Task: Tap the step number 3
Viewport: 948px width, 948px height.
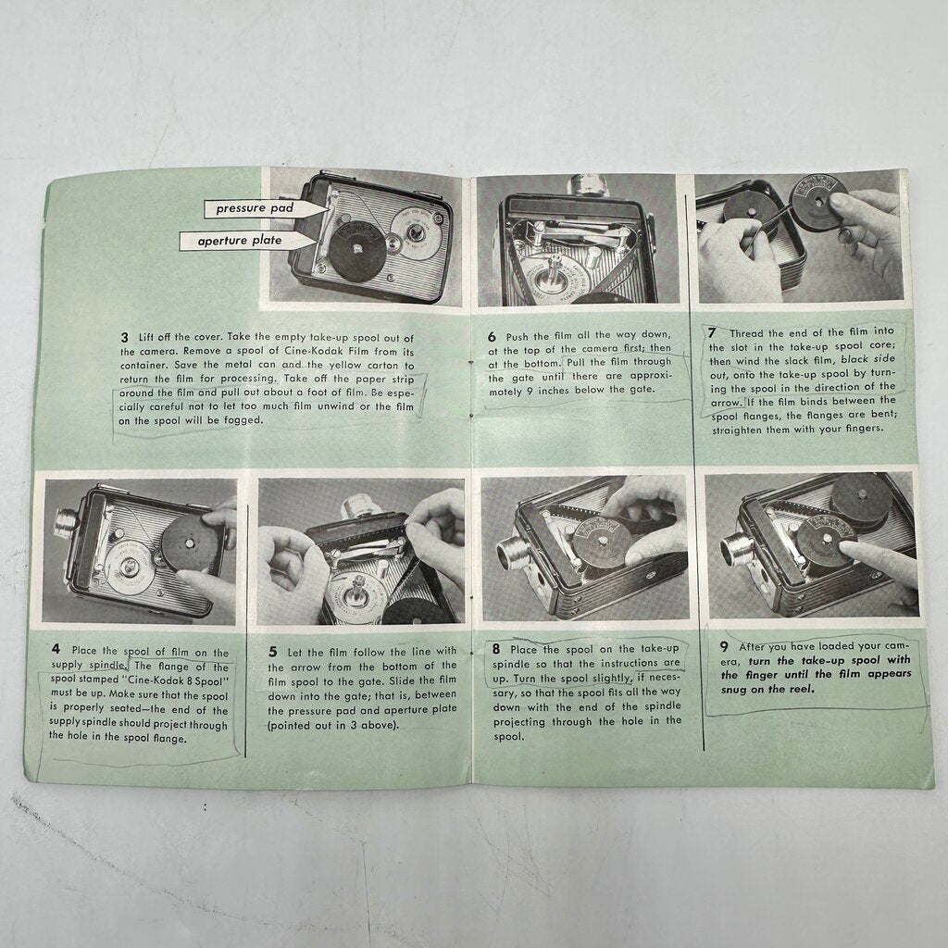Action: click(x=125, y=337)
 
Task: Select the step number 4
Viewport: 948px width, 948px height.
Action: click(x=56, y=649)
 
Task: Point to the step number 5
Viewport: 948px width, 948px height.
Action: click(x=273, y=652)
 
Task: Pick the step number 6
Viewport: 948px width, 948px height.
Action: click(x=493, y=336)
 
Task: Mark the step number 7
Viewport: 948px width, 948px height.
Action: click(x=713, y=332)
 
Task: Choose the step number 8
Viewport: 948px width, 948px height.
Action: click(x=496, y=649)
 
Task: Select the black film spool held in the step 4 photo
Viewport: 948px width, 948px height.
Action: click(x=189, y=544)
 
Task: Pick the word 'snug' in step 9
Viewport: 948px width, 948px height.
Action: click(x=734, y=690)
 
